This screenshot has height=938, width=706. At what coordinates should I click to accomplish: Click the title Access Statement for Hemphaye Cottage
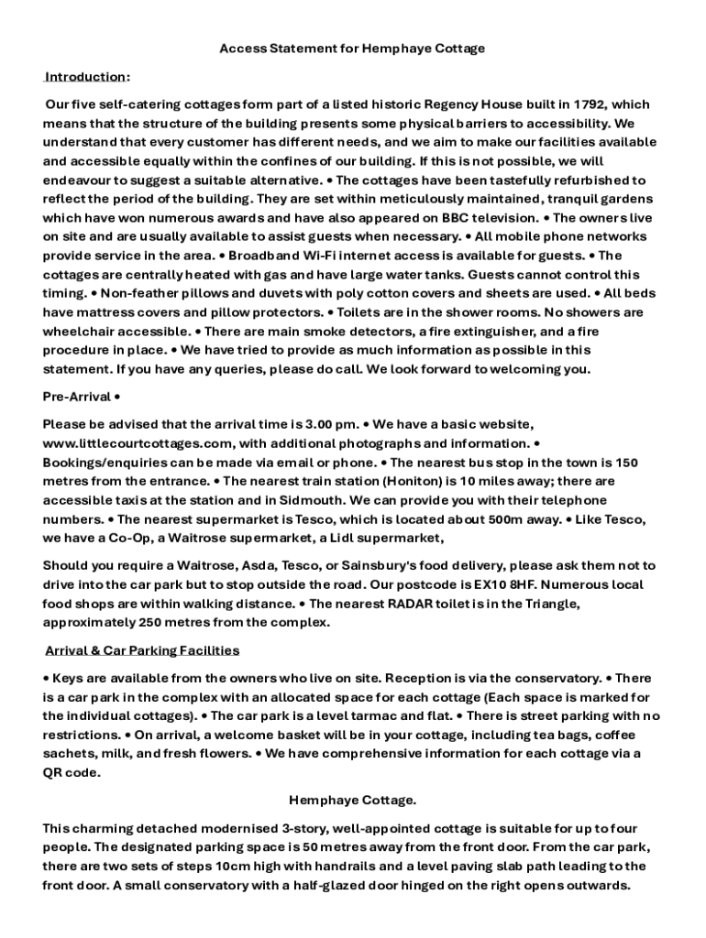pos(352,48)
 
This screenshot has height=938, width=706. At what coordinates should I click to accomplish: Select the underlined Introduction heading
pos(86,76)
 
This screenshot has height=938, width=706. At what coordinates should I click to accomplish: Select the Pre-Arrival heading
pos(77,397)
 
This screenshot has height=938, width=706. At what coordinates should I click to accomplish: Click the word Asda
pos(248,565)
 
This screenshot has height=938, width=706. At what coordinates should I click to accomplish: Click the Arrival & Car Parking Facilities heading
pos(142,650)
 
